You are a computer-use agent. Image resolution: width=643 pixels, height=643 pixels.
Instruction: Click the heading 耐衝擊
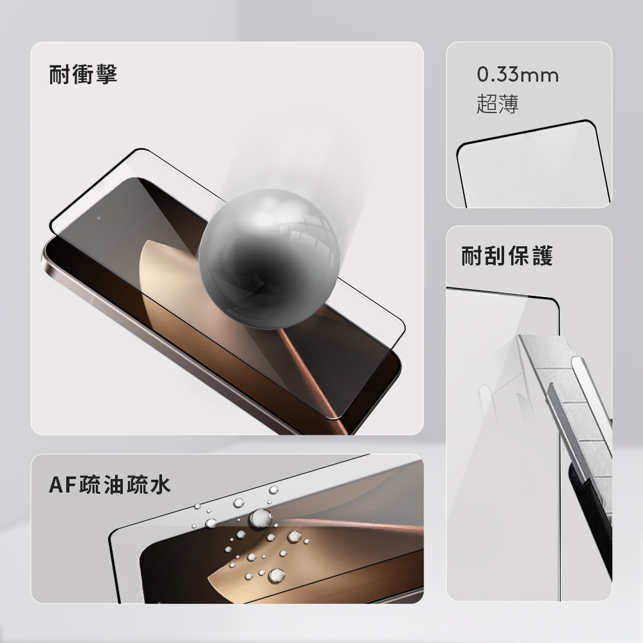(x=83, y=74)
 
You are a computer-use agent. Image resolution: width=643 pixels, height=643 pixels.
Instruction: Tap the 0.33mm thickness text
(x=518, y=75)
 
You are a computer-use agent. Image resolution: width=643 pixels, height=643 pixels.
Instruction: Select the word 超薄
(x=498, y=104)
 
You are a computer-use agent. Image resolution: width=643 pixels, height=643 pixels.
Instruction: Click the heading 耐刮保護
(x=507, y=256)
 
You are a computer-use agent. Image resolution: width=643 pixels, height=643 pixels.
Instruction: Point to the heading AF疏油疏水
(x=109, y=485)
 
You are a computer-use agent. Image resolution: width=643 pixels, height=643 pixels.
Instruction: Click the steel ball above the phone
(x=269, y=258)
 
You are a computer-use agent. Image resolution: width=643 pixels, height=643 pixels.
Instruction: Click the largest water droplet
(x=260, y=518)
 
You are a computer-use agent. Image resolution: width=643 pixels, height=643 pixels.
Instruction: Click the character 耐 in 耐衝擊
(x=60, y=74)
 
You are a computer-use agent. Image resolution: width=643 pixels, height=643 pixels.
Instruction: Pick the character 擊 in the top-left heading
(x=106, y=74)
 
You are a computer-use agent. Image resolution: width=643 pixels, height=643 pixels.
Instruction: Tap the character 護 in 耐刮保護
(x=542, y=256)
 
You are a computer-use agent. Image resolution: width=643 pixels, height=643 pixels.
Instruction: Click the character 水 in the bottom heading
(x=159, y=485)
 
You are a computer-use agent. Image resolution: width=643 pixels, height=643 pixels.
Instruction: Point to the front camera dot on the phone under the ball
(x=99, y=218)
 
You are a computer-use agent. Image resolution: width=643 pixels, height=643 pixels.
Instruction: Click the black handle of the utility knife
(x=590, y=521)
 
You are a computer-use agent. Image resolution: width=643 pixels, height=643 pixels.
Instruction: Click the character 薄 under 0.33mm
(x=509, y=104)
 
